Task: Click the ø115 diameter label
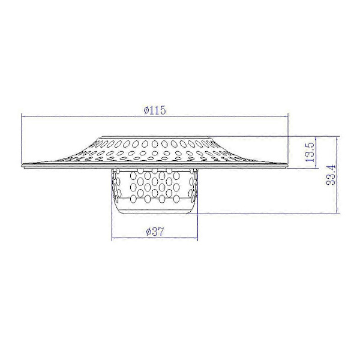155,110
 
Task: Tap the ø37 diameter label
155,232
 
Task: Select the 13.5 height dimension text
310,152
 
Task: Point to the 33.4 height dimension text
331,175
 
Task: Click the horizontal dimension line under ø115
155,116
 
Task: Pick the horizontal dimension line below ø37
155,238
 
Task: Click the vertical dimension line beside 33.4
337,175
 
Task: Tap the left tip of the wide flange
22,166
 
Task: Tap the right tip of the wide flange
287,166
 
